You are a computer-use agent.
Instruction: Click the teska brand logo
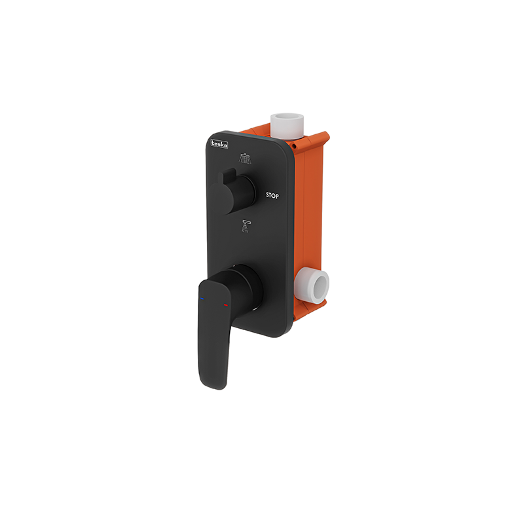219,143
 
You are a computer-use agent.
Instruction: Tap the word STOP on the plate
272,196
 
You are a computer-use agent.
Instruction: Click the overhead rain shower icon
245,158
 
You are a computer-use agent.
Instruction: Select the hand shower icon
246,227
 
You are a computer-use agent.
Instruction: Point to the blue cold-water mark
202,299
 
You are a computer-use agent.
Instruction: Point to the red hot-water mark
226,305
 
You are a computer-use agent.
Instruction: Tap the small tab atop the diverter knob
227,176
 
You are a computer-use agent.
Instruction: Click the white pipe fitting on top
287,126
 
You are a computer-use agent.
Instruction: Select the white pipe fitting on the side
312,286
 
